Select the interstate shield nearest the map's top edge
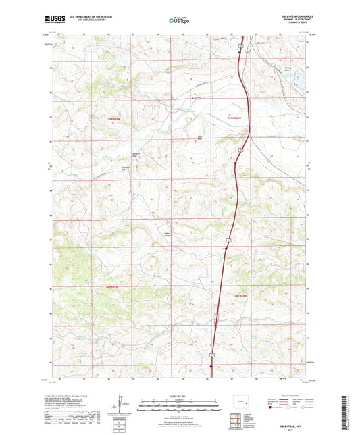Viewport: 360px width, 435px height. (x=240, y=46)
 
